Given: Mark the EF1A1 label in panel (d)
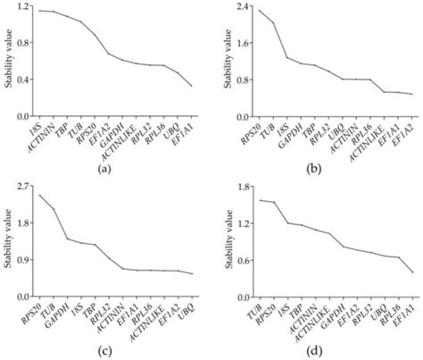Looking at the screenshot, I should click(406, 312).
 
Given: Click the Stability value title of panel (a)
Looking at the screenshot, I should click(7, 63).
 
